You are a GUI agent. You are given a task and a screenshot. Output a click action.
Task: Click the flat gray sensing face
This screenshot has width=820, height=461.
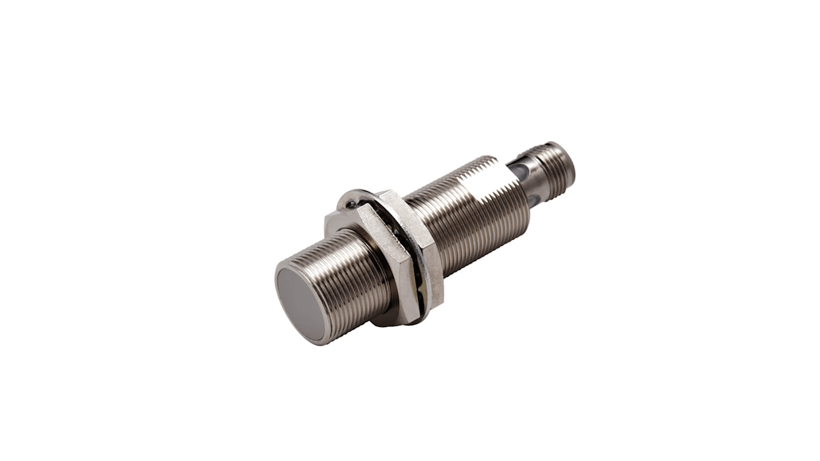coord(300,303)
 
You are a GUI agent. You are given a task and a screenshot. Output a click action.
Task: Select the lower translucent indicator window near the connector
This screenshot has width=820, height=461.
coord(535,200)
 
